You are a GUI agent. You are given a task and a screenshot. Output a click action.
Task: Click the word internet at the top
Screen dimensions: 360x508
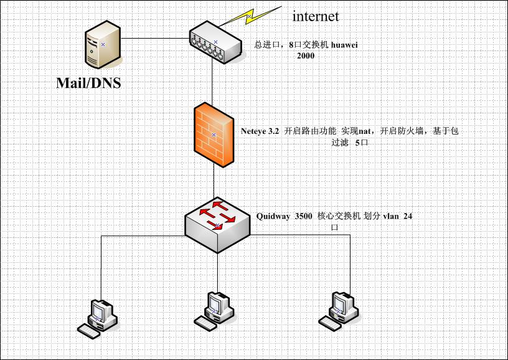click(316, 16)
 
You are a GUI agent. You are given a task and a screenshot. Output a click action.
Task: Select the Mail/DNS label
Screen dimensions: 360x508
click(88, 82)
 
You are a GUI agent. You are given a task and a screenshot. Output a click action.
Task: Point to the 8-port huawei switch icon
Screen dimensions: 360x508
click(215, 43)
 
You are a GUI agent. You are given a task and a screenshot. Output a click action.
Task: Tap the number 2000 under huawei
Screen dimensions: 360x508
click(305, 55)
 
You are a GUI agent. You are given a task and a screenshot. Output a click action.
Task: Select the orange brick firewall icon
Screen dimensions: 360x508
click(214, 135)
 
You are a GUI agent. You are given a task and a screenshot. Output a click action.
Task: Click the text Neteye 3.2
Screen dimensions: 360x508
click(260, 131)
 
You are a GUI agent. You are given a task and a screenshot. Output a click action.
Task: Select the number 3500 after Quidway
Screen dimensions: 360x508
click(304, 217)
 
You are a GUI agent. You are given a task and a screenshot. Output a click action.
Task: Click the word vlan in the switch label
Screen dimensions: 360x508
click(390, 217)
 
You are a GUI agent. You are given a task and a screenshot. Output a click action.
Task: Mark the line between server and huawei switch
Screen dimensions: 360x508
click(156, 39)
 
